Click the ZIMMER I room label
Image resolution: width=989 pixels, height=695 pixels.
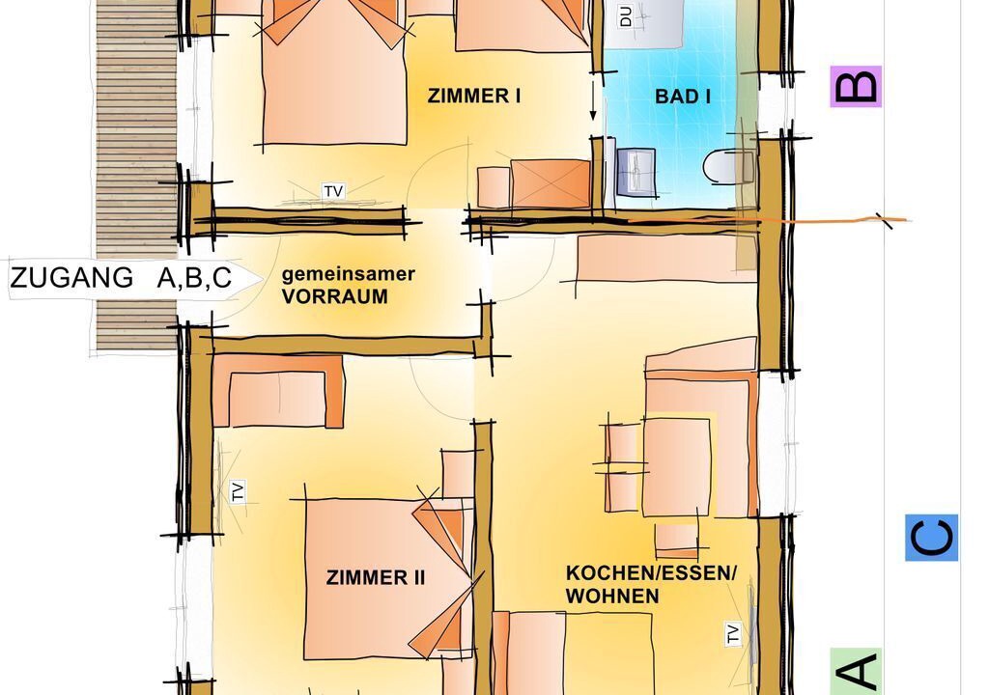pyautogui.click(x=474, y=96)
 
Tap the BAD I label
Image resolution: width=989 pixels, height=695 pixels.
pyautogui.click(x=683, y=97)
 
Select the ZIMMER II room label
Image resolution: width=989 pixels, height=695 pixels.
pyautogui.click(x=376, y=577)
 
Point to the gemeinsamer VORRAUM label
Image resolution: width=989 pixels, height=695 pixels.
pyautogui.click(x=348, y=285)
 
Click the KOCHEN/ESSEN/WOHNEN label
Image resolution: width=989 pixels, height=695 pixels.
pyautogui.click(x=651, y=584)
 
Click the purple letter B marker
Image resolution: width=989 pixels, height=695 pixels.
pyautogui.click(x=856, y=87)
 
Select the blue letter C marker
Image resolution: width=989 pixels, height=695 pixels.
pyautogui.click(x=932, y=538)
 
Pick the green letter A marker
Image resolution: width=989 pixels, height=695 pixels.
pyautogui.click(x=856, y=672)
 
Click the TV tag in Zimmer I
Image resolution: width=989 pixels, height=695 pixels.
pyautogui.click(x=333, y=191)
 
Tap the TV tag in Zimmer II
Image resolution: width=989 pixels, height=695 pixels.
pyautogui.click(x=238, y=491)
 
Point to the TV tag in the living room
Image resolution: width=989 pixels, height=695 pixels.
pyautogui.click(x=733, y=633)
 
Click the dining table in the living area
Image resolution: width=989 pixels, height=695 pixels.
pyautogui.click(x=677, y=467)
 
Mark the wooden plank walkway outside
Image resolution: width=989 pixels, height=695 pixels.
pyautogui.click(x=136, y=176)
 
